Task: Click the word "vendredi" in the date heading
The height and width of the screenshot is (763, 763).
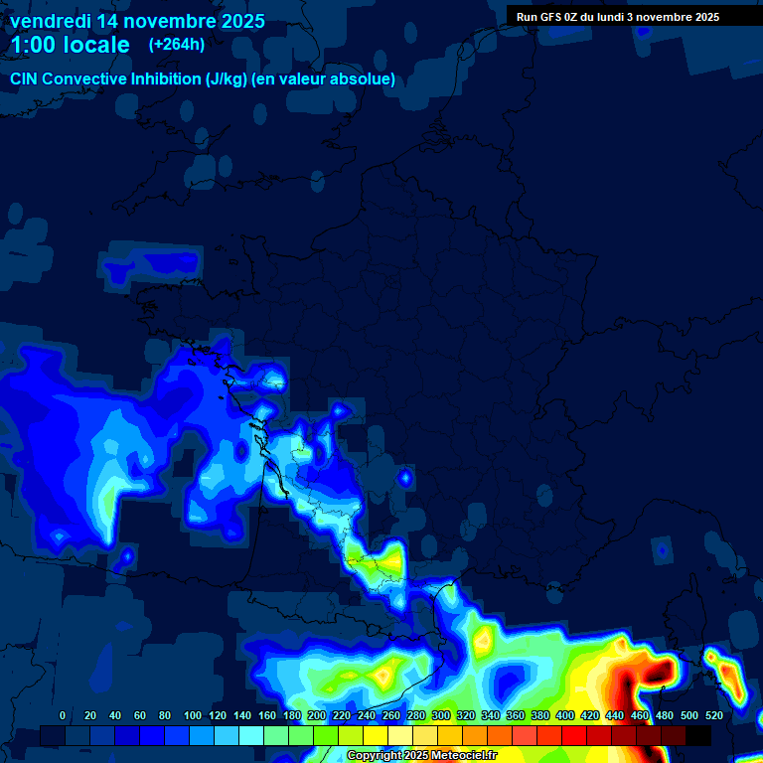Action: (50, 21)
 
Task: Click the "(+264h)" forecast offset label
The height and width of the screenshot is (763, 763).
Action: (177, 45)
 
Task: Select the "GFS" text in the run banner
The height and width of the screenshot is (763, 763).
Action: (549, 17)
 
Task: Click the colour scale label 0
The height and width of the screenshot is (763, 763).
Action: (63, 715)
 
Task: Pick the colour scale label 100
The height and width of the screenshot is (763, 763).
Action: (193, 715)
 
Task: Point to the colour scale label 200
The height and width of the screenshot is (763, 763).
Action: (317, 715)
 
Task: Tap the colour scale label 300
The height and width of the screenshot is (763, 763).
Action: (441, 715)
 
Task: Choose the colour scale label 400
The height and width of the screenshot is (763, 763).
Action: (565, 715)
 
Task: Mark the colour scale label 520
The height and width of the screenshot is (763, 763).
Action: (714, 715)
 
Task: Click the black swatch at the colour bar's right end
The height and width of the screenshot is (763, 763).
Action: (698, 735)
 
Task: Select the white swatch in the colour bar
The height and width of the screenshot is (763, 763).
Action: (400, 735)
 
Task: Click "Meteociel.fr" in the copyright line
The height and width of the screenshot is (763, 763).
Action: (465, 756)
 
